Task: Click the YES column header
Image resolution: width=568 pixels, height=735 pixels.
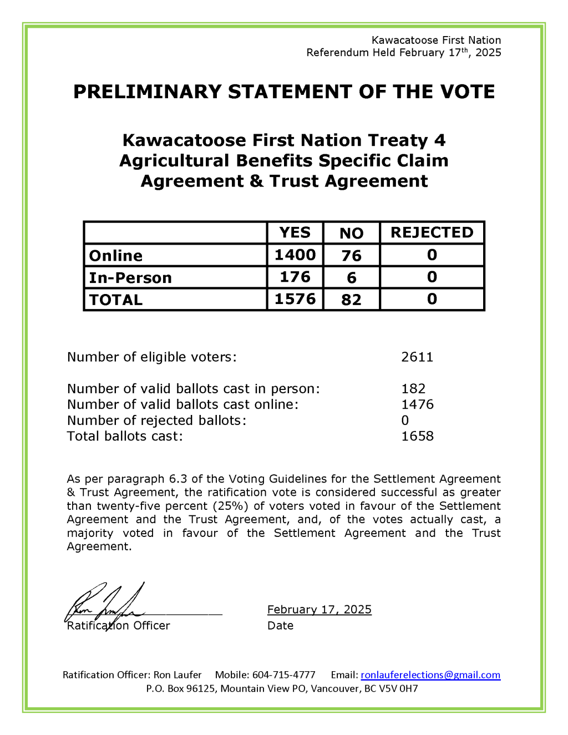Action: pyautogui.click(x=295, y=232)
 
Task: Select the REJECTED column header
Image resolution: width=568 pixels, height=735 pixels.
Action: pyautogui.click(x=432, y=232)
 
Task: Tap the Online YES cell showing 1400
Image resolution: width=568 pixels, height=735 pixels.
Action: pyautogui.click(x=295, y=255)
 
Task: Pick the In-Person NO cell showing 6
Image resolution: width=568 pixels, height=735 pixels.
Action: pyautogui.click(x=351, y=277)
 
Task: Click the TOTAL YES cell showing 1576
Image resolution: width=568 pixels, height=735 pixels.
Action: pyautogui.click(x=295, y=299)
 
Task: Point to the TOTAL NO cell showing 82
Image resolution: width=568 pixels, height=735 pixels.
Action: pyautogui.click(x=351, y=300)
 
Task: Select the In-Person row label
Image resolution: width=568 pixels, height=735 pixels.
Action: pyautogui.click(x=130, y=277)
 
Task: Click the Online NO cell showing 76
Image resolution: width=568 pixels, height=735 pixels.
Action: pyautogui.click(x=351, y=255)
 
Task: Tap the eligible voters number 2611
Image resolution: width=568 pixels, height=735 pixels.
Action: pyautogui.click(x=417, y=357)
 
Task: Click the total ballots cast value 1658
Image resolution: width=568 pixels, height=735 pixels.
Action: pyautogui.click(x=417, y=436)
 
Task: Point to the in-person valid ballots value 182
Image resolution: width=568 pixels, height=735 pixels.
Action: pyautogui.click(x=413, y=388)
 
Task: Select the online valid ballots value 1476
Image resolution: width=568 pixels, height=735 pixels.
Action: pyautogui.click(x=417, y=404)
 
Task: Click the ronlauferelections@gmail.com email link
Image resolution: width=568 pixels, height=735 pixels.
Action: pyautogui.click(x=430, y=675)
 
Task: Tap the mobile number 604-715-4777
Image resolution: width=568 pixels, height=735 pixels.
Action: pyautogui.click(x=283, y=675)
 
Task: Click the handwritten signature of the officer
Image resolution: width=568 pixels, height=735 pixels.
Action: pyautogui.click(x=105, y=605)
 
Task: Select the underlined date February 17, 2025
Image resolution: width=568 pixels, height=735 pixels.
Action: pyautogui.click(x=319, y=610)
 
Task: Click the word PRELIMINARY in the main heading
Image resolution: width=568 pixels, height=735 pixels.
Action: pyautogui.click(x=146, y=92)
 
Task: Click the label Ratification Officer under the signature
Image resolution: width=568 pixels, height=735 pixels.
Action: pyautogui.click(x=118, y=626)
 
